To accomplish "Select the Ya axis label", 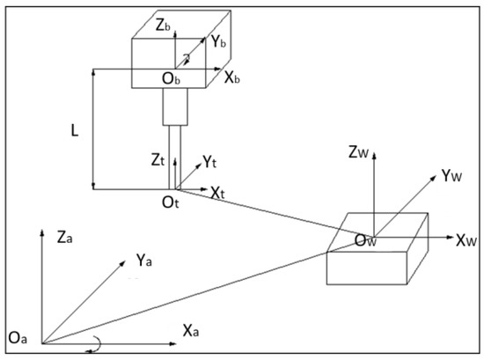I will [147, 261].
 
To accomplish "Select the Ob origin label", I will [171, 79].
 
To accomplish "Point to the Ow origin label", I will [366, 239].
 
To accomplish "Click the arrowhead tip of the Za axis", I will [40, 230].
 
